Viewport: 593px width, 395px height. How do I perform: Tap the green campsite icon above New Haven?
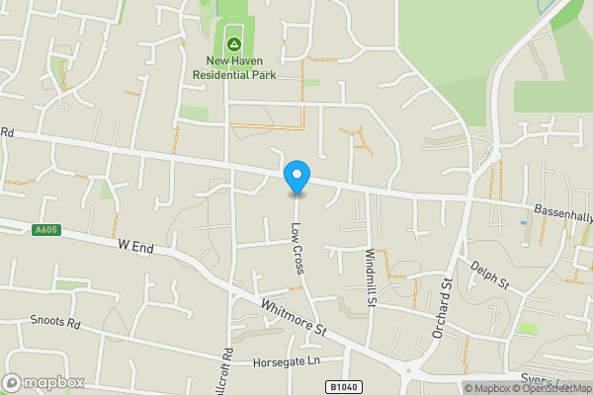coord(234,43)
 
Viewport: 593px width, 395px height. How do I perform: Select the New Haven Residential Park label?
coord(234,67)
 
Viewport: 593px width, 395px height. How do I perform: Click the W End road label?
coord(135,246)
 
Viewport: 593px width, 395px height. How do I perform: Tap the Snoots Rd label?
coord(54,321)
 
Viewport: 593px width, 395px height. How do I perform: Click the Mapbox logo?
coord(42,382)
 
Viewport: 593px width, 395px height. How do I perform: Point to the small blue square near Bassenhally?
coord(523,222)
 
